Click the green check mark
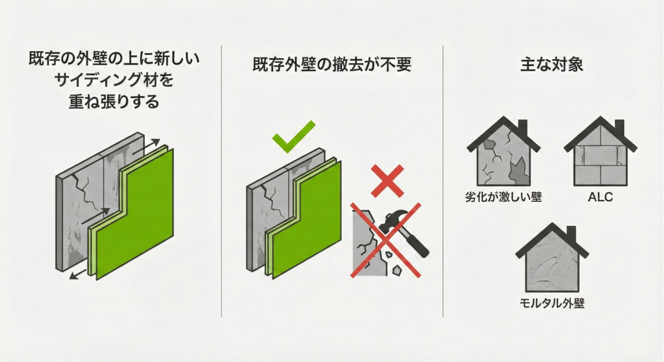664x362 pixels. [x=293, y=136]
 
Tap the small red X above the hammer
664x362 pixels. [x=387, y=181]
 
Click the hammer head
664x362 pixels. [x=393, y=221]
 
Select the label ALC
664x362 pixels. [x=600, y=197]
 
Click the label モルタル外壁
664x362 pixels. [x=552, y=303]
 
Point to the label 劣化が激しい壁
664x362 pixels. [x=504, y=197]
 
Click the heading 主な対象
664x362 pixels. [x=552, y=65]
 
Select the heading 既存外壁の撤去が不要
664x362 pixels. [x=332, y=65]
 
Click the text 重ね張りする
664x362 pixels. [x=114, y=102]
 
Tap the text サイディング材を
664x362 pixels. [x=114, y=80]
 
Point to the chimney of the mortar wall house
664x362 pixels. [x=571, y=233]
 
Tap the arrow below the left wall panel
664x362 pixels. [x=78, y=274]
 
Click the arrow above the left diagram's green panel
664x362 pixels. [x=146, y=146]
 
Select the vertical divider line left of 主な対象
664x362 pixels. [x=443, y=181]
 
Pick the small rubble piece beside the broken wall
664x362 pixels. [x=397, y=269]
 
